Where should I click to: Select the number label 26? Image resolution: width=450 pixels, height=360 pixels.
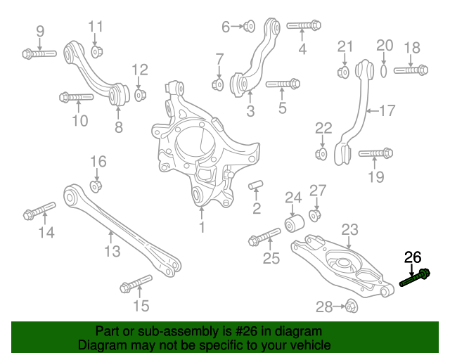click(x=412, y=257)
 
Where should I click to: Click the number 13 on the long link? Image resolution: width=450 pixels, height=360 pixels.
click(x=112, y=251)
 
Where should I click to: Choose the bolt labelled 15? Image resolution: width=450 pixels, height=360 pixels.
click(x=136, y=283)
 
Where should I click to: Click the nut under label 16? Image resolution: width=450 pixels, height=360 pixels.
click(x=96, y=186)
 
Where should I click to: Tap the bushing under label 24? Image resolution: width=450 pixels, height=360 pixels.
click(x=295, y=223)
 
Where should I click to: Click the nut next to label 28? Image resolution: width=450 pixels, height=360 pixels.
click(x=352, y=306)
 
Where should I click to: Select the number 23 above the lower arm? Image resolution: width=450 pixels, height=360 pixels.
click(x=349, y=229)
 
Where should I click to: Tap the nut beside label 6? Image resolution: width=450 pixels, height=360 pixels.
click(x=249, y=27)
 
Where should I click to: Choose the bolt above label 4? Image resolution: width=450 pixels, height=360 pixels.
click(x=304, y=25)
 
